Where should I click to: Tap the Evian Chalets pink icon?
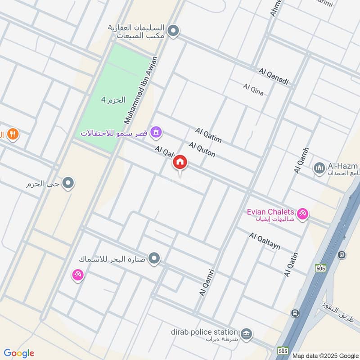click(303, 214)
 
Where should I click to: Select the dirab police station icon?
click(246, 334)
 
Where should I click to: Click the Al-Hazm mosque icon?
click(319, 169)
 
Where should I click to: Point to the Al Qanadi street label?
click(273, 76)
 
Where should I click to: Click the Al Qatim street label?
click(208, 135)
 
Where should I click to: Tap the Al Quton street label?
click(202, 149)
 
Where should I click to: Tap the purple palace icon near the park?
click(156, 132)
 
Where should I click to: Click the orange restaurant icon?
click(13, 134)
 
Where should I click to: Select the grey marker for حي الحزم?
click(68, 183)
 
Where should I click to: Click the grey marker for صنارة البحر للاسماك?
click(154, 258)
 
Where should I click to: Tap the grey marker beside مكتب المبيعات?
click(173, 31)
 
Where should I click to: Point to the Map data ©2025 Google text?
click(325, 355)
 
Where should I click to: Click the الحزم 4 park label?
click(112, 100)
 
